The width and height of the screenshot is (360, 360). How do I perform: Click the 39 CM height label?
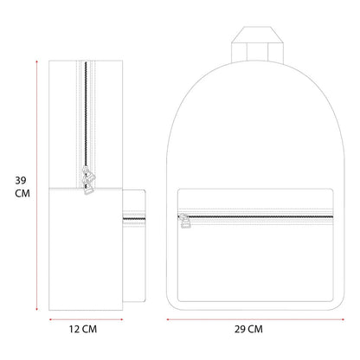tap(22, 187)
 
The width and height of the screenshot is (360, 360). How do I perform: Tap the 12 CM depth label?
tap(83, 329)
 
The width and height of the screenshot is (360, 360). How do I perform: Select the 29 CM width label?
tap(248, 329)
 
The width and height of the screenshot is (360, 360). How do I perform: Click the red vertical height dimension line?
tap(36, 185)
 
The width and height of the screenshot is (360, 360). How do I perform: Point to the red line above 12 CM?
tap(86, 319)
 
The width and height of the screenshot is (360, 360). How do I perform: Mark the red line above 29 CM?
tap(255, 319)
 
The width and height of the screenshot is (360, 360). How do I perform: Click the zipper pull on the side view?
tap(88, 180)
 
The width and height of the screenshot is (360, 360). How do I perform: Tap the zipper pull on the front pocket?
tap(185, 221)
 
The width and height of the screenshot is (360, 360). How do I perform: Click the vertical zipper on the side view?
tap(86, 115)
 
